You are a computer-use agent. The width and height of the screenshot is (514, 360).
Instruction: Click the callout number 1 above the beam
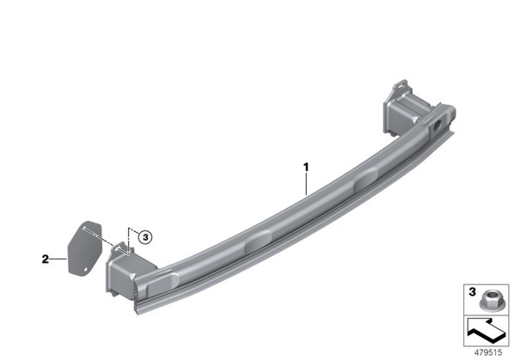click(x=306, y=168)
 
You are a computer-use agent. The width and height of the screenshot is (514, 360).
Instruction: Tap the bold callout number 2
click(x=46, y=259)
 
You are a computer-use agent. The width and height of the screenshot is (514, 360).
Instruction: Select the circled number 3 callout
click(x=145, y=237)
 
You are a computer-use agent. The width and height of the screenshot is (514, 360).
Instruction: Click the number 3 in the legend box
click(x=472, y=291)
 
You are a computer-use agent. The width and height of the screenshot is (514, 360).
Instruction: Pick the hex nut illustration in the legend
click(x=487, y=301)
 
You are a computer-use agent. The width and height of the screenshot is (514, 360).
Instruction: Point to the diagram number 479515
click(x=488, y=352)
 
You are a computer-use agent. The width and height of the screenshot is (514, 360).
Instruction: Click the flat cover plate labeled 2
click(x=84, y=247)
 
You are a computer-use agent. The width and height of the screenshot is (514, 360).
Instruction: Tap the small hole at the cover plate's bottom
click(x=86, y=270)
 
